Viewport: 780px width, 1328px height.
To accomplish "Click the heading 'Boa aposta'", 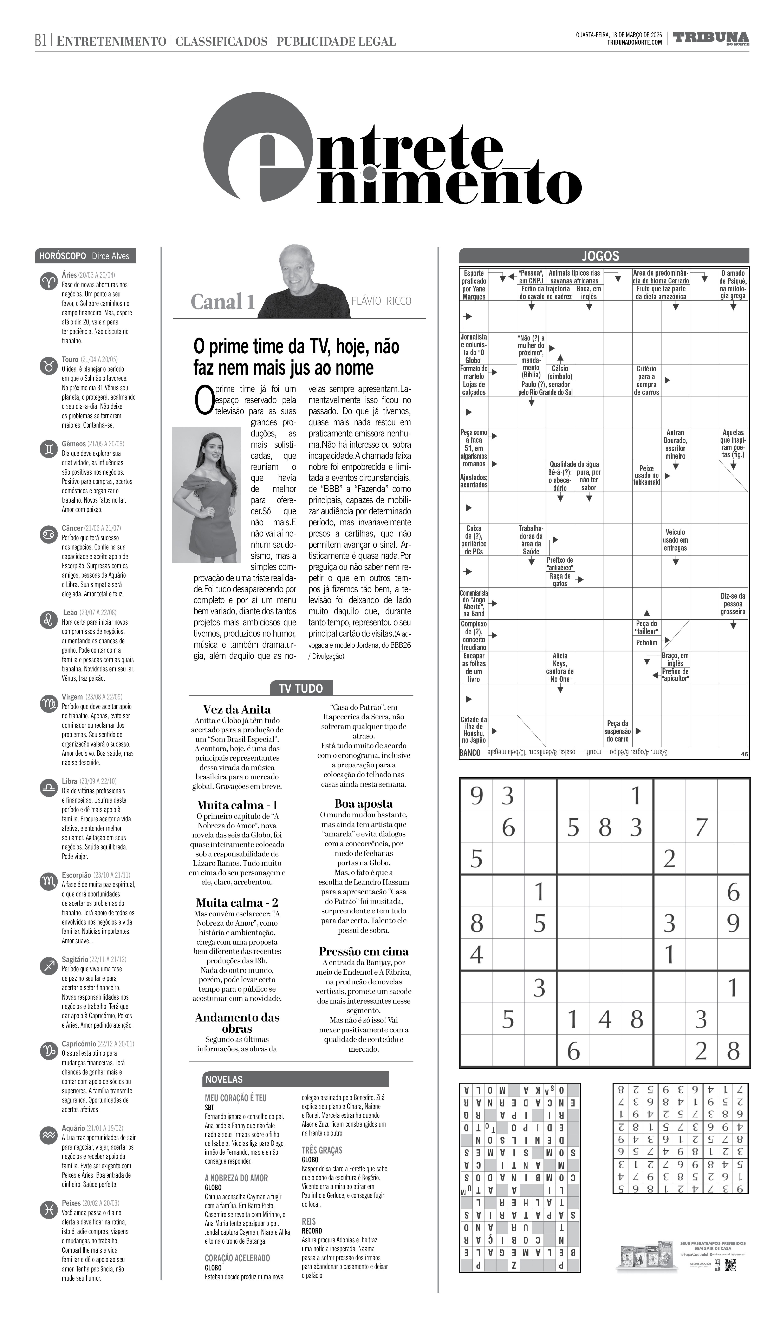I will (364, 803).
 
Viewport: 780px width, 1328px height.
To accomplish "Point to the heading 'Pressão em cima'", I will (364, 951).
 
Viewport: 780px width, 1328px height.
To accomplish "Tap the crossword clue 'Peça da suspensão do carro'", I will (618, 731).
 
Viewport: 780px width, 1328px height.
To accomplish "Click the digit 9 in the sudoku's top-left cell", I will (476, 796).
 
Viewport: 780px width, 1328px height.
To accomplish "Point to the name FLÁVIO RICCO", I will (381, 301).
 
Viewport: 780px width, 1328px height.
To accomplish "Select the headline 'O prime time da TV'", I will (296, 357).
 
